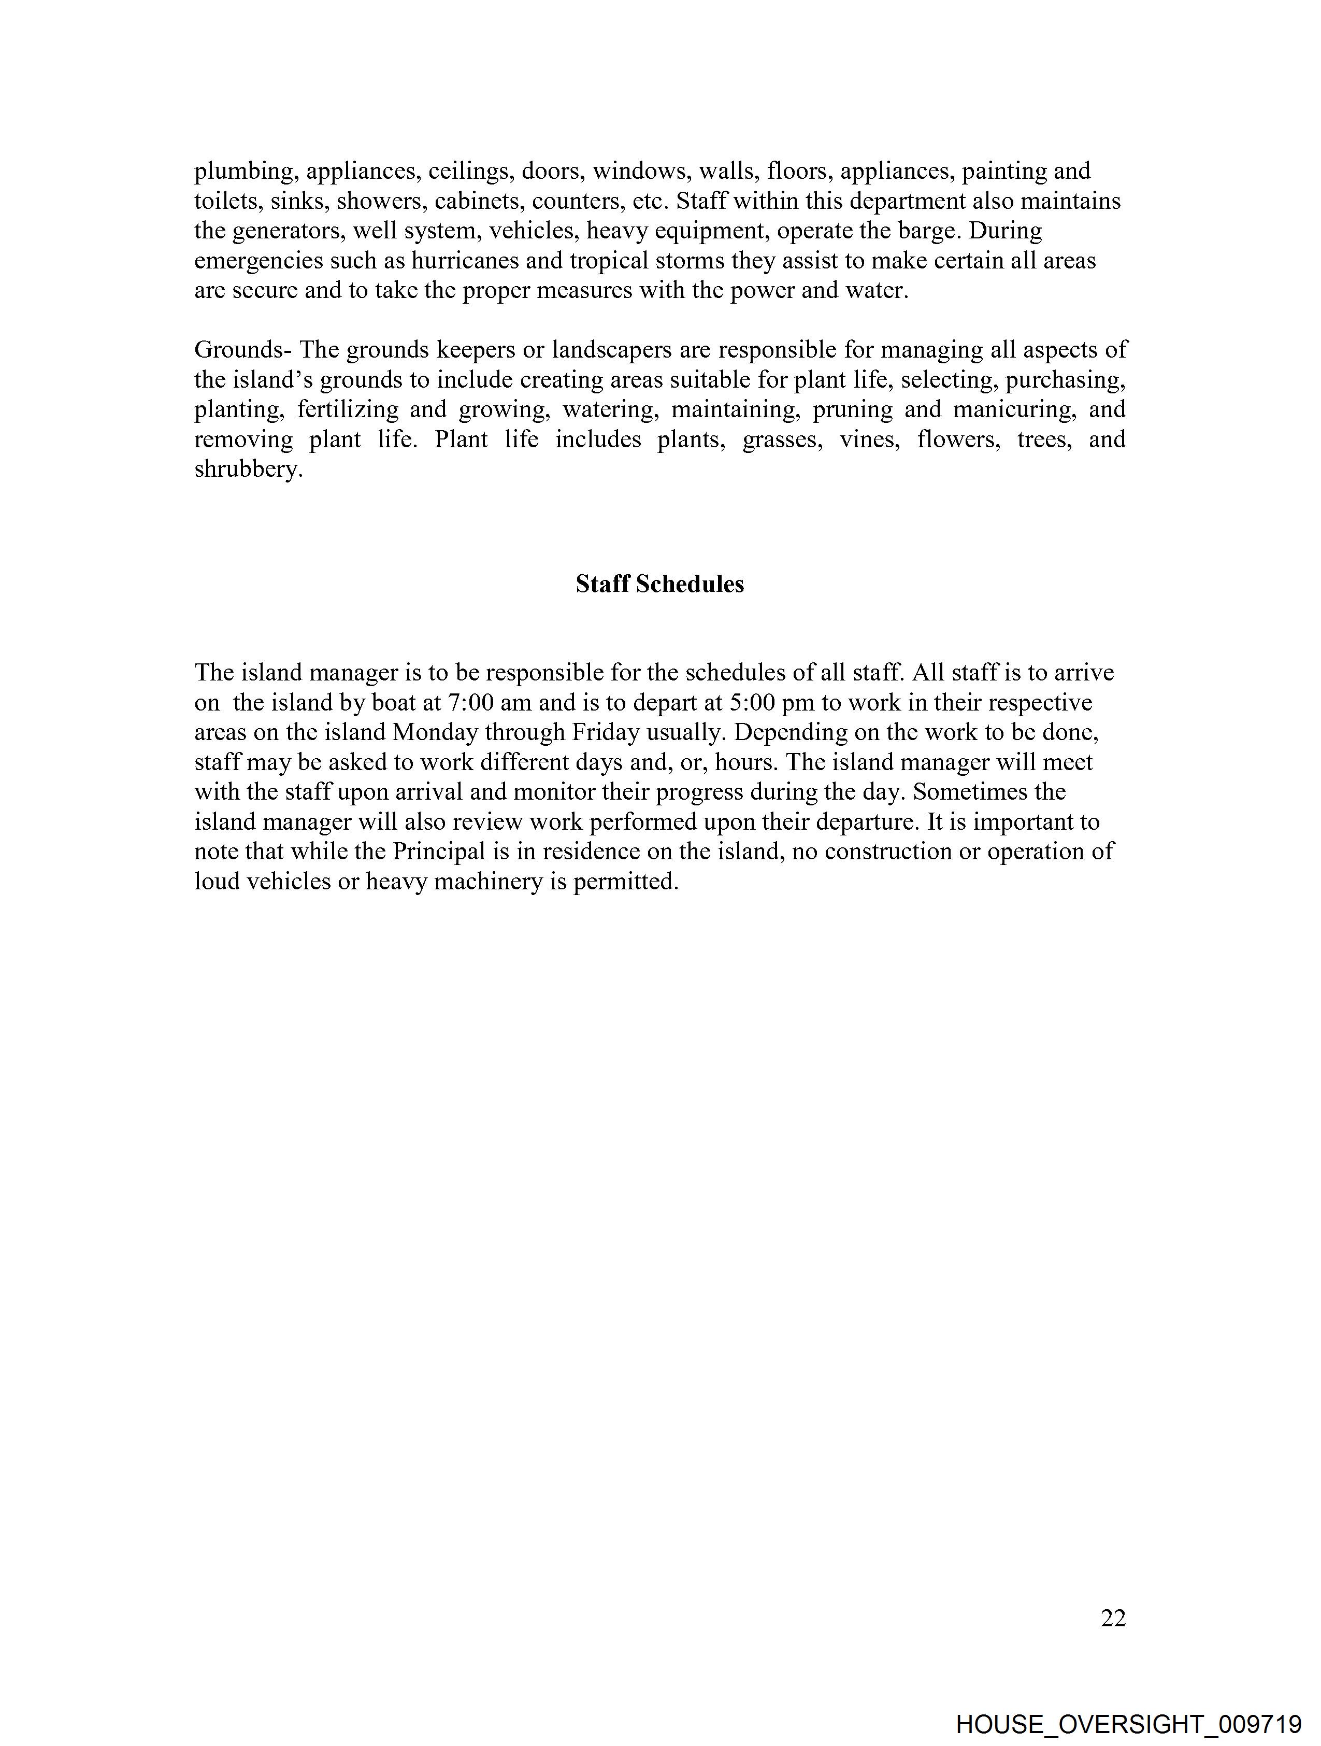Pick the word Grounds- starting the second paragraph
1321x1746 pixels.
(x=243, y=350)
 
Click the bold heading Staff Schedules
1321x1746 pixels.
(x=659, y=584)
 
